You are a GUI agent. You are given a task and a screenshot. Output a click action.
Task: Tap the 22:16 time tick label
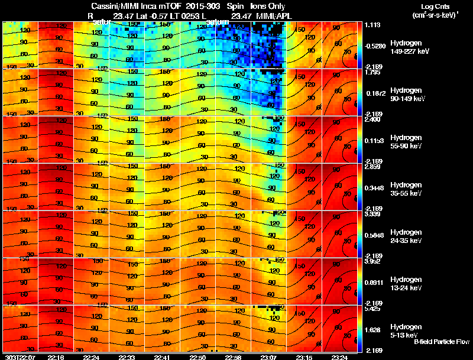(56, 356)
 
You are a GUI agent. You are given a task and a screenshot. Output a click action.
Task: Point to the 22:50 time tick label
(198, 356)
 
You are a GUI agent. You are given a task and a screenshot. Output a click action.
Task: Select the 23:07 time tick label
(268, 356)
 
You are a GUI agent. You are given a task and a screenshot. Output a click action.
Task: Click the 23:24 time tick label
(339, 356)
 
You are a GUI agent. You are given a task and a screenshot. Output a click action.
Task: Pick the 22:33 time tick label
(127, 356)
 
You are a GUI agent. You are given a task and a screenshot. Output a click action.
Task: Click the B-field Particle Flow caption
(441, 342)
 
